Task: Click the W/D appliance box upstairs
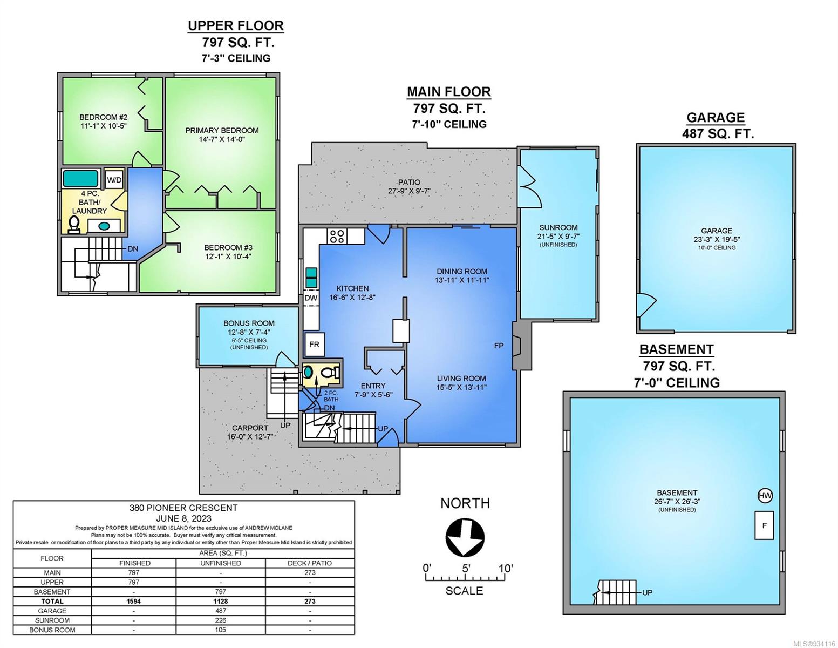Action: [x=114, y=179]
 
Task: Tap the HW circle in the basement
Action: [x=765, y=496]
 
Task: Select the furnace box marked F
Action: [x=764, y=525]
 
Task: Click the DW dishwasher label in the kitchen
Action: [x=311, y=298]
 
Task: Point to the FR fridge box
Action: [x=314, y=345]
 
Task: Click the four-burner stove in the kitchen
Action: [x=337, y=236]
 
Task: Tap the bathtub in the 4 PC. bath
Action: [x=80, y=179]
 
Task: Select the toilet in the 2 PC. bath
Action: [x=330, y=373]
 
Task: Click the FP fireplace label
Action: [x=499, y=346]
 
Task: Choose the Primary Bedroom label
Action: [x=222, y=131]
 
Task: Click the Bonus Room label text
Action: [x=249, y=323]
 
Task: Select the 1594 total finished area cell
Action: [x=133, y=602]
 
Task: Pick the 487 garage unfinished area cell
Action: [x=221, y=611]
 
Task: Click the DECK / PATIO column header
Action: [x=310, y=563]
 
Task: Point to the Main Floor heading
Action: [x=449, y=92]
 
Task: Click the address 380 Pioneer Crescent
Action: [x=183, y=508]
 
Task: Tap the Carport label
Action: [x=250, y=428]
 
